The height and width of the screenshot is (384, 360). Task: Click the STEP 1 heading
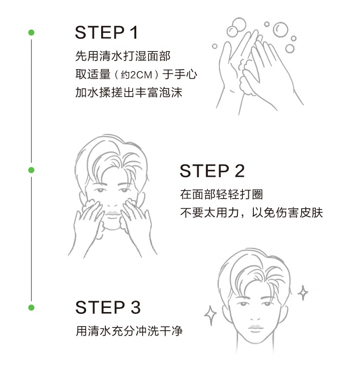(106, 32)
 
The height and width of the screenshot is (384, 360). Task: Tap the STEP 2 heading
(212, 171)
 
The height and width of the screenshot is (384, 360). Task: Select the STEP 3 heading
(108, 307)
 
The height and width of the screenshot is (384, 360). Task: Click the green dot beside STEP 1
(31, 32)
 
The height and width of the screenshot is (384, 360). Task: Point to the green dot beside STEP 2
(31, 170)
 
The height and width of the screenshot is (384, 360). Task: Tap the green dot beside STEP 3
(31, 307)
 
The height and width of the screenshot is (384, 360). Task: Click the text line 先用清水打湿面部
(123, 56)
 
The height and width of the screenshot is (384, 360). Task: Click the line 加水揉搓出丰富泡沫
(129, 92)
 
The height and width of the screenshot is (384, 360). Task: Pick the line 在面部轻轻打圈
(221, 195)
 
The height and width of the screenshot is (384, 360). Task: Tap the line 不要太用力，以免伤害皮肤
(252, 213)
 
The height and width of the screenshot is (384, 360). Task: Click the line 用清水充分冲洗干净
(129, 331)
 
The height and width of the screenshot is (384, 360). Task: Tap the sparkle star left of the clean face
(210, 315)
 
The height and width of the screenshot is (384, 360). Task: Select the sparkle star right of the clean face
(303, 292)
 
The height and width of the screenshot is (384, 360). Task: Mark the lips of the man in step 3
(255, 328)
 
